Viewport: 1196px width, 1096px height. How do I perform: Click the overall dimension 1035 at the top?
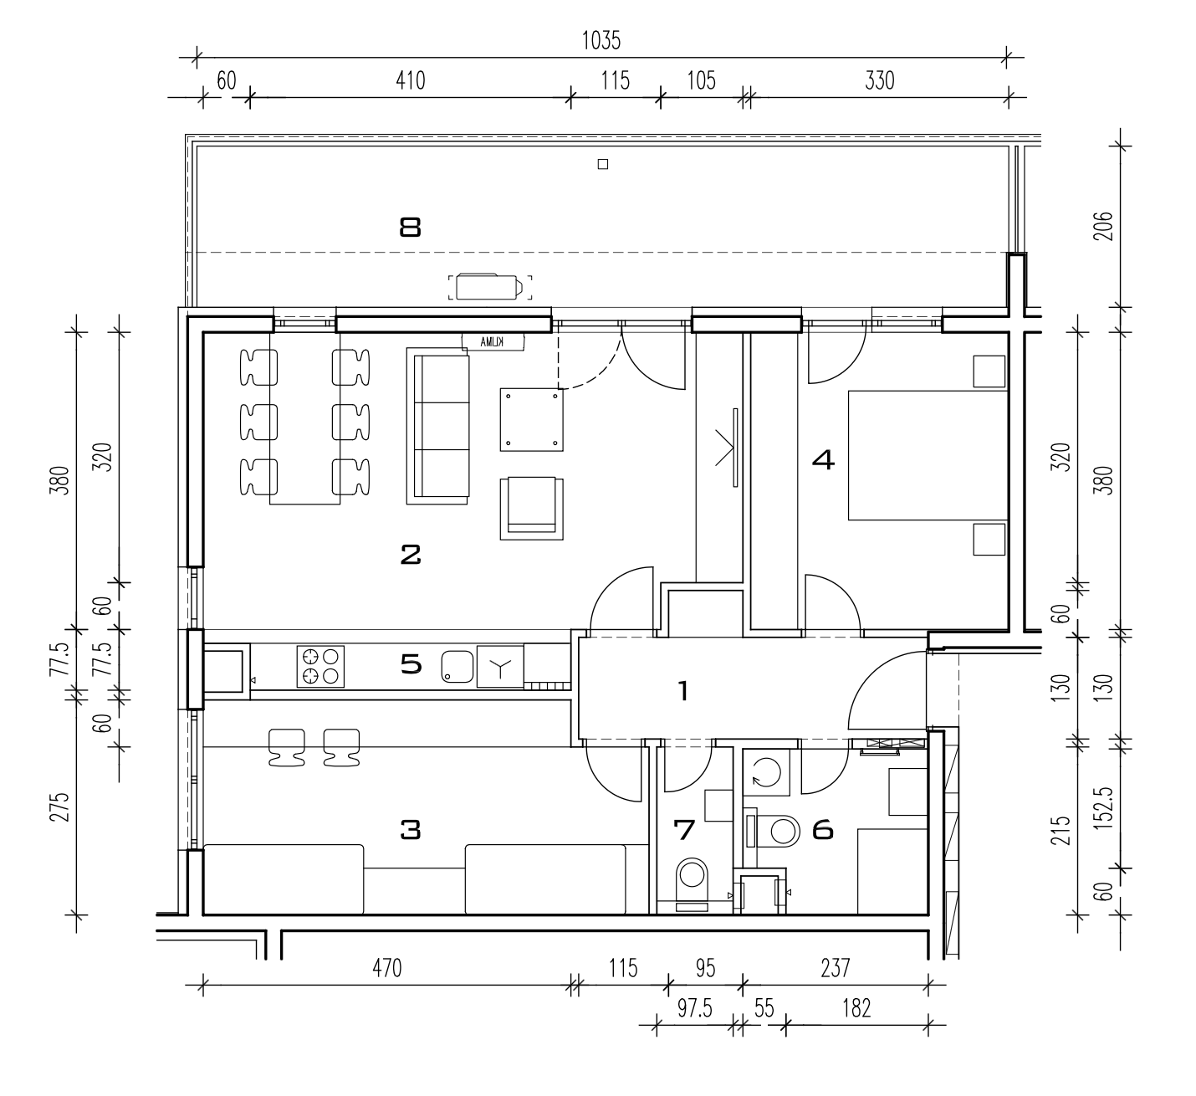pyautogui.click(x=601, y=41)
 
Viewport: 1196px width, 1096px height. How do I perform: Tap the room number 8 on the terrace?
pyautogui.click(x=410, y=228)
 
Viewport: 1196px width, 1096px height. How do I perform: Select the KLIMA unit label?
pyautogui.click(x=493, y=342)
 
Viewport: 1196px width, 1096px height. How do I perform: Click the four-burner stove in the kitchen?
pyautogui.click(x=320, y=667)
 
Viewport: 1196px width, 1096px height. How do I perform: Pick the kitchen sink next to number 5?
pyautogui.click(x=457, y=667)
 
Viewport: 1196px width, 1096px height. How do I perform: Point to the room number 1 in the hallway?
pyautogui.click(x=683, y=691)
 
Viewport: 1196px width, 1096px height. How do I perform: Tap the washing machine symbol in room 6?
pyautogui.click(x=766, y=772)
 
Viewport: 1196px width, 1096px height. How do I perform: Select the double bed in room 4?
pyautogui.click(x=928, y=455)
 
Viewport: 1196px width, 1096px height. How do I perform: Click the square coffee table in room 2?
pyautogui.click(x=531, y=419)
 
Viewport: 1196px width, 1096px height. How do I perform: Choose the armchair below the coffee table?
pyautogui.click(x=531, y=509)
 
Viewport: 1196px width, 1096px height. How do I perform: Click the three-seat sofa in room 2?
pyautogui.click(x=437, y=426)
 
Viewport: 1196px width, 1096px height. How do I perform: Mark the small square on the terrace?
pyautogui.click(x=603, y=164)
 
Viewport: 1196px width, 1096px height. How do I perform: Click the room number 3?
pyautogui.click(x=410, y=830)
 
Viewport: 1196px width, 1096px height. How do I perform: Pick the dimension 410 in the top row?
pyautogui.click(x=410, y=80)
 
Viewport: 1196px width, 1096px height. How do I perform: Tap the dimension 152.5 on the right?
pyautogui.click(x=1103, y=807)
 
